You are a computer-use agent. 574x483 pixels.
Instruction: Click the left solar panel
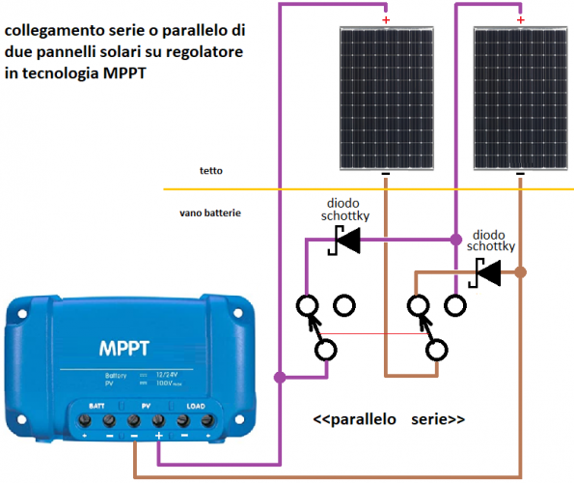point(385,96)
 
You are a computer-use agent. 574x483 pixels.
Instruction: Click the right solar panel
point(520,96)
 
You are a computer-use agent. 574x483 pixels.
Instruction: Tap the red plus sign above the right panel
point(522,18)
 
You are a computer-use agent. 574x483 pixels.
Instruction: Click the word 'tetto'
point(211,170)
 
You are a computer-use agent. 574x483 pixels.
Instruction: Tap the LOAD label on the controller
point(198,406)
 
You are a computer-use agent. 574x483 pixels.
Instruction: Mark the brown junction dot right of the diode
point(521,273)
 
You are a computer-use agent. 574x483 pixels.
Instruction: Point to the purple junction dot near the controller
point(280,377)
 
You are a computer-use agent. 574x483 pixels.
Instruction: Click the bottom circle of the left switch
point(326,349)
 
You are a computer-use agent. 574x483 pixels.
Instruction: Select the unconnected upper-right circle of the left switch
point(343,306)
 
